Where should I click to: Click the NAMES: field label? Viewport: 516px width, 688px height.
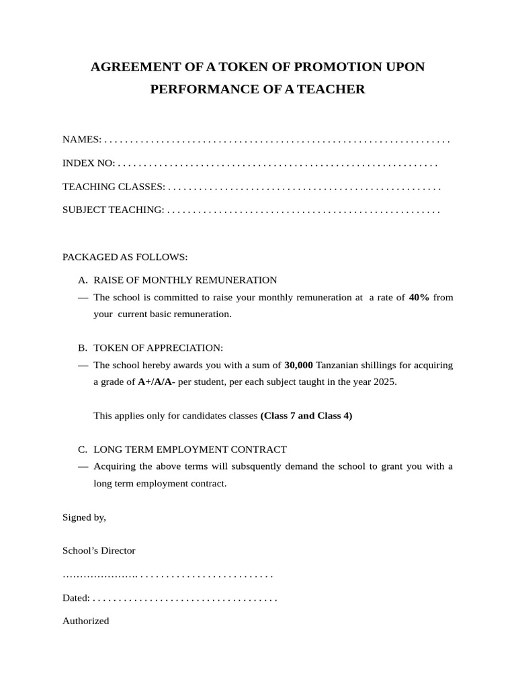pos(81,140)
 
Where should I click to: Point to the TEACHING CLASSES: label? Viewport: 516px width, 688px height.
pos(114,187)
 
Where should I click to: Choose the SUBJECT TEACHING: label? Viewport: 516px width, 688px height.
pos(113,210)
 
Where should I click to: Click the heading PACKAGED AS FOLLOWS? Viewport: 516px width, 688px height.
pos(125,257)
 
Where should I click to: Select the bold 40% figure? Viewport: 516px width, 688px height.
pos(419,298)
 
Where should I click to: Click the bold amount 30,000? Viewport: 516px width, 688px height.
pos(298,365)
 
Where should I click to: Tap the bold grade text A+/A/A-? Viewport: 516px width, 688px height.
pos(157,382)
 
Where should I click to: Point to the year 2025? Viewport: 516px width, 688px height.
pos(385,382)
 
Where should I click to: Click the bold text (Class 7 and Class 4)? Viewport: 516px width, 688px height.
pos(306,416)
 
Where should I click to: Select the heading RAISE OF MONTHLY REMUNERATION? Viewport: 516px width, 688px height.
pos(185,280)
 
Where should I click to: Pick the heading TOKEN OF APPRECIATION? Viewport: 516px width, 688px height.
pos(158,348)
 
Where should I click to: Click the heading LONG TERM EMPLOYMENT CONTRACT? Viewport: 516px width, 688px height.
pos(190,449)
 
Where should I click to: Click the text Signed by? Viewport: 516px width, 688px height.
pos(84,517)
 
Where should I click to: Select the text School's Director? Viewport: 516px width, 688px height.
pos(99,551)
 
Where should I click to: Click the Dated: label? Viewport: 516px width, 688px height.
pos(76,598)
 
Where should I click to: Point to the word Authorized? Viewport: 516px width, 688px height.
pos(85,621)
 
